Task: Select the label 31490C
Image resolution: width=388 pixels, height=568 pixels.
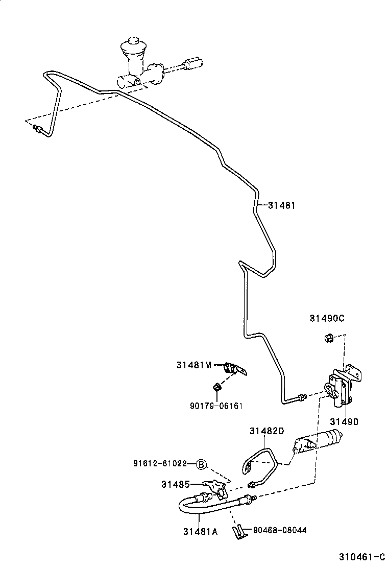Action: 327,318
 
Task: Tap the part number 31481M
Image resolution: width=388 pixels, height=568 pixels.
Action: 193,365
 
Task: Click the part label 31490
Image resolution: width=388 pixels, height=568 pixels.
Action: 344,422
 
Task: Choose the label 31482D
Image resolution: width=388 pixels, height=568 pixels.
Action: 266,431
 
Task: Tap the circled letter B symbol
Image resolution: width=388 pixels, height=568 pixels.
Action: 201,464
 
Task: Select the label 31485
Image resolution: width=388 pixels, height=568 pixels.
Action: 176,484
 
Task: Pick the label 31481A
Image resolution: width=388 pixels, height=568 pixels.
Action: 200,532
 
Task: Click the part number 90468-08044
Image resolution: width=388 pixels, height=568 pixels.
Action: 280,530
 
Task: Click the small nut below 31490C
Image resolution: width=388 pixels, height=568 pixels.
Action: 329,338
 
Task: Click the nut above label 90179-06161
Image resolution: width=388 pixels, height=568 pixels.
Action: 217,387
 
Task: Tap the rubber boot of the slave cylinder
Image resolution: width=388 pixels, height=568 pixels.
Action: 334,437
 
